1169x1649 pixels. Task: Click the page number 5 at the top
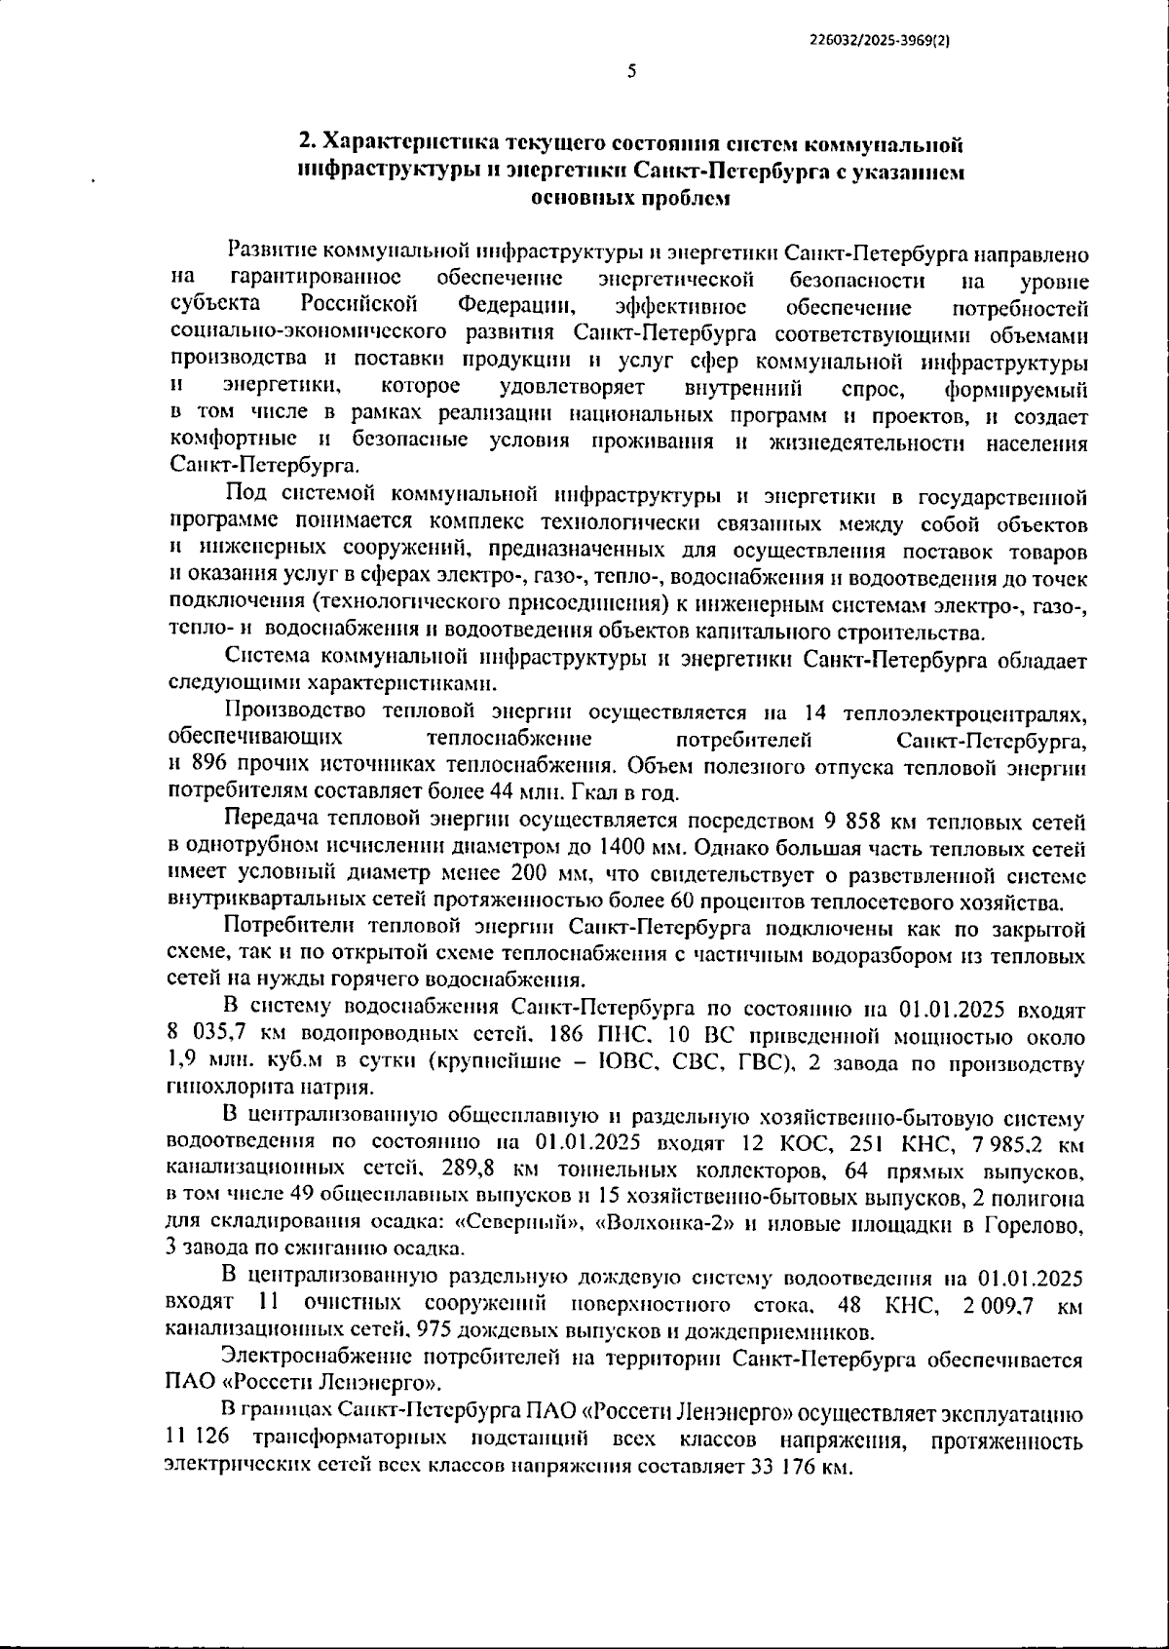(x=631, y=71)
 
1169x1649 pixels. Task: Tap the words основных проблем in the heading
(x=629, y=199)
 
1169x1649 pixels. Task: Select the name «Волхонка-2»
(x=662, y=1222)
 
